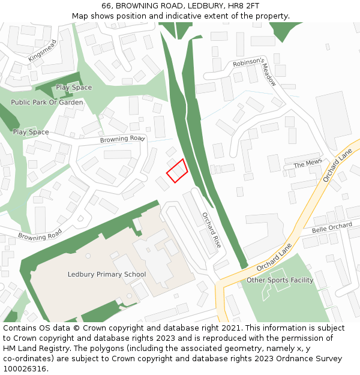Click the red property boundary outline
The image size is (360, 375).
tap(176, 171)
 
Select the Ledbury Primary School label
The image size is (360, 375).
tap(107, 275)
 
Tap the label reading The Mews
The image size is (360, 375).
tap(308, 164)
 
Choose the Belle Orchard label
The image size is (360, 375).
tap(332, 227)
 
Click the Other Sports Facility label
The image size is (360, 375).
tap(280, 280)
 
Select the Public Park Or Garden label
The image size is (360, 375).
tap(47, 103)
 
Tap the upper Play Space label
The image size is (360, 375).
tap(74, 88)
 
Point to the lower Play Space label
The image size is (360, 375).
tap(31, 132)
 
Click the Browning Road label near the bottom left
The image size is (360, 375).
tap(40, 235)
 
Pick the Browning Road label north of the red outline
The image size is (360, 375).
tap(122, 139)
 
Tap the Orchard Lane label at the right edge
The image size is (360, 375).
tap(337, 167)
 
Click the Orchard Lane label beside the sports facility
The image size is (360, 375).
tap(274, 256)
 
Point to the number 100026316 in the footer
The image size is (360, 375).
tap(25, 368)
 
